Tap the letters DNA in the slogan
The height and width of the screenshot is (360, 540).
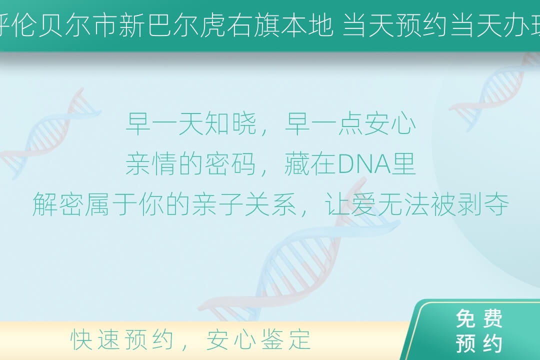pyautogui.click(x=364, y=164)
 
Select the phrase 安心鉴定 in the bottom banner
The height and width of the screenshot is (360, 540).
pyautogui.click(x=258, y=339)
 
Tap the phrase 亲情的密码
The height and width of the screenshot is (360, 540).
pyautogui.click(x=190, y=164)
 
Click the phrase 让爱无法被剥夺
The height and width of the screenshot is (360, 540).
pyautogui.click(x=417, y=204)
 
